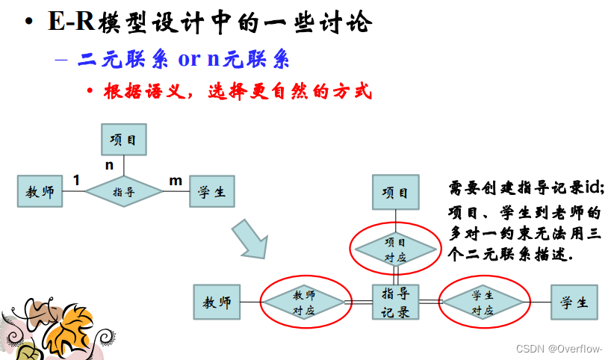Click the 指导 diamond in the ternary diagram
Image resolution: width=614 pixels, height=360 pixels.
click(124, 191)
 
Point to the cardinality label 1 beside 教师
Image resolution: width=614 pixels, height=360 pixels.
click(76, 179)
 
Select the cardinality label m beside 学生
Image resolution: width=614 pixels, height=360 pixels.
click(176, 180)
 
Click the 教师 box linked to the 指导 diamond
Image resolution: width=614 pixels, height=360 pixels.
click(40, 191)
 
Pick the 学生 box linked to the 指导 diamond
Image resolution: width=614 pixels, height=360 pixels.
click(212, 191)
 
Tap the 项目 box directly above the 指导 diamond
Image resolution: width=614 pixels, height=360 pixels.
click(124, 140)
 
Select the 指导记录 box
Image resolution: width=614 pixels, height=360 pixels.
click(395, 302)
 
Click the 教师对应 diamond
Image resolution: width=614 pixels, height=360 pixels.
click(305, 302)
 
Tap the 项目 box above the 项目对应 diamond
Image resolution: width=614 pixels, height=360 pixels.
click(395, 193)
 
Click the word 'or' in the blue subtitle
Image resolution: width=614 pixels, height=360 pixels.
click(190, 59)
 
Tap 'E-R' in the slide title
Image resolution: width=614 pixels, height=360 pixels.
click(71, 22)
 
